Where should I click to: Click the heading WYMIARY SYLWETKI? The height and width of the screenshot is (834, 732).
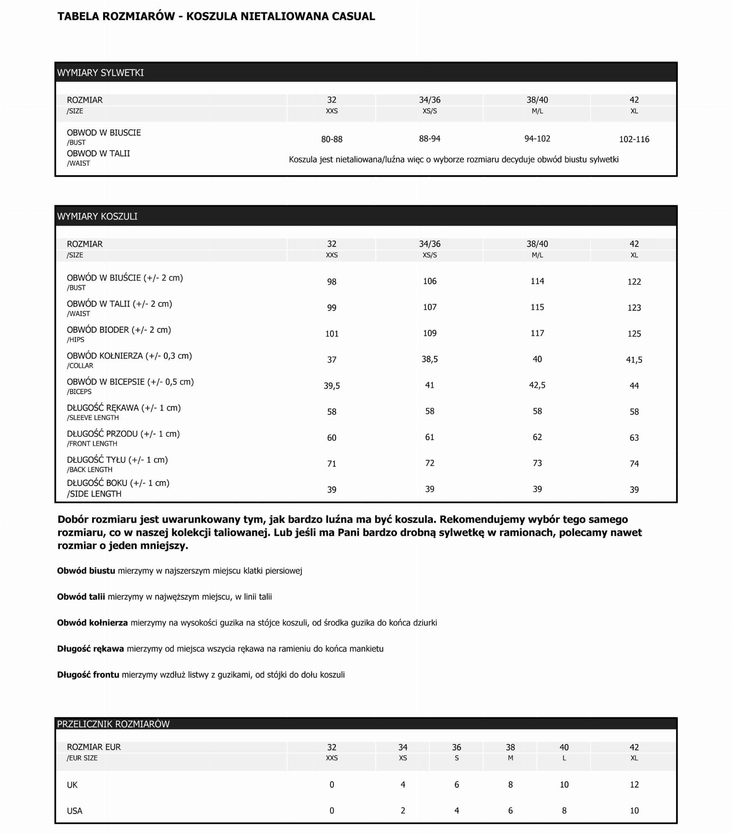pyautogui.click(x=100, y=73)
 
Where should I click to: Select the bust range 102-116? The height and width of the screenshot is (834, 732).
pyautogui.click(x=634, y=139)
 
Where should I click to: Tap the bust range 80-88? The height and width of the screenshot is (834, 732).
pyautogui.click(x=331, y=139)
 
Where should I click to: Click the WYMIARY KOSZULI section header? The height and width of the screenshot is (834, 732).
pyautogui.click(x=97, y=216)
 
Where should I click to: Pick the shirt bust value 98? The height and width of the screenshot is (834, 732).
pyautogui.click(x=331, y=282)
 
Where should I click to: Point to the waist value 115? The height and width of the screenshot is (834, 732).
pyautogui.click(x=537, y=307)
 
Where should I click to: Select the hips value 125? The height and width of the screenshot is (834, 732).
pyautogui.click(x=634, y=334)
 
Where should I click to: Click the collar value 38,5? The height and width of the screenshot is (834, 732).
pyautogui.click(x=430, y=359)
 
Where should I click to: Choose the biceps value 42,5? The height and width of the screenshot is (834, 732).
pyautogui.click(x=537, y=385)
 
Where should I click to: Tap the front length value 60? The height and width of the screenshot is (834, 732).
pyautogui.click(x=331, y=438)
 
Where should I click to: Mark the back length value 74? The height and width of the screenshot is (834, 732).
pyautogui.click(x=634, y=464)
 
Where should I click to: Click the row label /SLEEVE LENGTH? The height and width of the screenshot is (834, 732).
pyautogui.click(x=93, y=418)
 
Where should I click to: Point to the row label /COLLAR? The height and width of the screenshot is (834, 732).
pyautogui.click(x=80, y=366)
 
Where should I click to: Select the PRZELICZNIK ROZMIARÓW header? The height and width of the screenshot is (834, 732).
pyautogui.click(x=113, y=724)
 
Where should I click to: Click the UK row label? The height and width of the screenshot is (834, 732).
pyautogui.click(x=72, y=785)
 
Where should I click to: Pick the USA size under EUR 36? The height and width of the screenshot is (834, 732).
pyautogui.click(x=456, y=810)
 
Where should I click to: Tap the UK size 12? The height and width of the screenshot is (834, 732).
pyautogui.click(x=634, y=784)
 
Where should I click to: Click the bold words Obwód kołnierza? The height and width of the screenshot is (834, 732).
pyautogui.click(x=92, y=623)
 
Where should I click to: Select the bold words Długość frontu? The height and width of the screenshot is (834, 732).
pyautogui.click(x=88, y=674)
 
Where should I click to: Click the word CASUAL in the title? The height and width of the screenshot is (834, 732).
pyautogui.click(x=353, y=16)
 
